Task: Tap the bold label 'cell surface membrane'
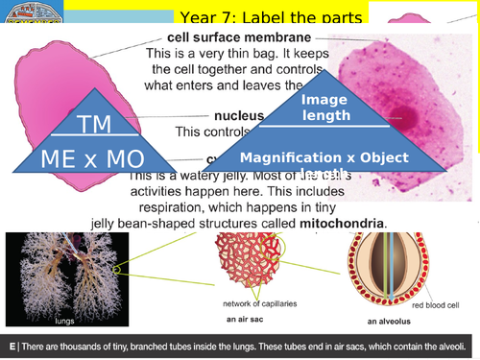tap(213, 37)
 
